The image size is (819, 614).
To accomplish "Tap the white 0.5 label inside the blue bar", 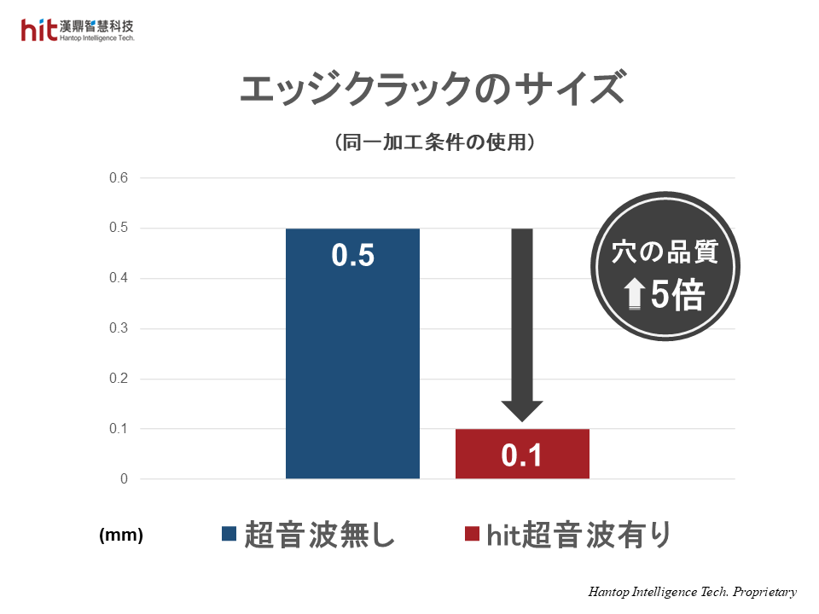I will [352, 256].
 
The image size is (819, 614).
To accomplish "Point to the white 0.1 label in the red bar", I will [522, 456].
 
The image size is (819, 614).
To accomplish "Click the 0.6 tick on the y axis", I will [118, 178].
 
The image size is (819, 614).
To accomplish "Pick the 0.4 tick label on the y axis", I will [118, 279].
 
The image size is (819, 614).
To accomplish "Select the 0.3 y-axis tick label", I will [118, 328].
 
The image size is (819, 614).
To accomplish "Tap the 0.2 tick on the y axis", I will [118, 379].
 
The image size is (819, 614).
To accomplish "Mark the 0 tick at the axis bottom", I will [124, 479].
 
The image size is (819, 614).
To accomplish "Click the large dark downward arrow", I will [521, 324].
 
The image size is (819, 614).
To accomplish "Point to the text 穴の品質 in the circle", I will [665, 253].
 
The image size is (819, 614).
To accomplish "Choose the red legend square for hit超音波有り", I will [471, 535].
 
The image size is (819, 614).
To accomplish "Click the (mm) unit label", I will [121, 536].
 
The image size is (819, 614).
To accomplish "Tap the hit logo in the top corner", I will [39, 31].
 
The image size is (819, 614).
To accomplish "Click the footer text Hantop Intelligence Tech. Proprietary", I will [692, 592].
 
